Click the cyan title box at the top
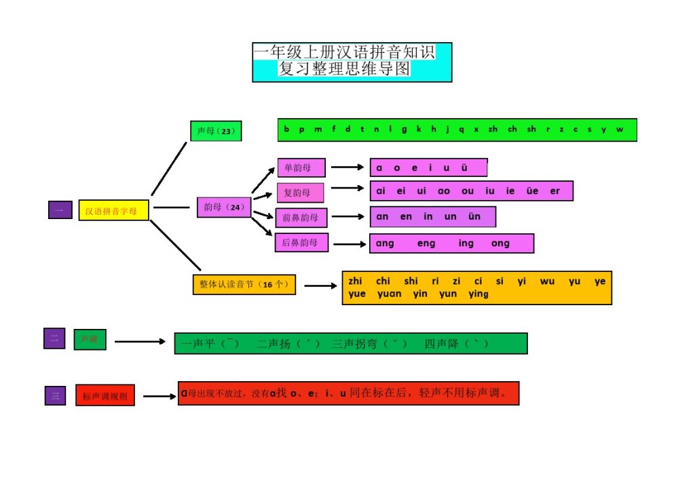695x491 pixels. tap(352, 62)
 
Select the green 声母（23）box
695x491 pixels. tap(216, 131)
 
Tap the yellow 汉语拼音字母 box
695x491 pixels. tap(113, 211)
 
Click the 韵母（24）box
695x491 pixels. tap(224, 208)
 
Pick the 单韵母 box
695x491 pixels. tap(301, 168)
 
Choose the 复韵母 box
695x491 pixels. tap(300, 193)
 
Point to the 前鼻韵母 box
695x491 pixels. tap(301, 218)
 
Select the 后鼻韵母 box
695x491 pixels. tap(301, 242)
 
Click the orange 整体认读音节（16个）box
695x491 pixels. tap(244, 285)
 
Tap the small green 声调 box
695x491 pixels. tap(90, 338)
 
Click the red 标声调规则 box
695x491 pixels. tap(105, 395)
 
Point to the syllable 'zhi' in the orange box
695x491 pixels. tap(356, 281)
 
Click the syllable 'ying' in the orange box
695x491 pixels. tap(478, 294)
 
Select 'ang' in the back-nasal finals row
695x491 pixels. tap(385, 243)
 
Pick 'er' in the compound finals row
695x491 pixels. tap(555, 191)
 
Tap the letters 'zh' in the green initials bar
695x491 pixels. tap(493, 130)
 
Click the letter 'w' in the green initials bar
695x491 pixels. tap(619, 130)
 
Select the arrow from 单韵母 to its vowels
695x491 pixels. tap(347, 167)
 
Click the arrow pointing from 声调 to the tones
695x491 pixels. tap(140, 342)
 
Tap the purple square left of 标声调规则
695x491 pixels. tap(55, 395)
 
